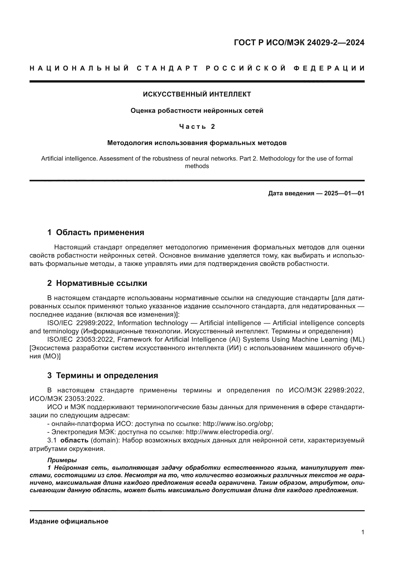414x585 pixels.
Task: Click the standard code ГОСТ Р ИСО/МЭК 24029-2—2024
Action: (299, 43)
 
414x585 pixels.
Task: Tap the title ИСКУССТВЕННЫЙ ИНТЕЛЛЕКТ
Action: (197, 94)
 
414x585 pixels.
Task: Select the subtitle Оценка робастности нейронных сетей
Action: (197, 111)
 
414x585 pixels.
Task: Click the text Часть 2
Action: (197, 127)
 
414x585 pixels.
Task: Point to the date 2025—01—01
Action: (344, 193)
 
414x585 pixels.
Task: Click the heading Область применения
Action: (100, 232)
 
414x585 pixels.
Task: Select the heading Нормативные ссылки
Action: (101, 283)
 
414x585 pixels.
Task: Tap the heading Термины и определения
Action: (107, 375)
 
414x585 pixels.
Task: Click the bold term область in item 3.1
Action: (74, 440)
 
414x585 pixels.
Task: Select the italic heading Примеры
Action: (62, 460)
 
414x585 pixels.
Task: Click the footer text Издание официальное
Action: (69, 521)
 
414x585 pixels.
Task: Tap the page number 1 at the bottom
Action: (362, 532)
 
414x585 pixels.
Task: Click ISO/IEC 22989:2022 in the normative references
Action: (80, 323)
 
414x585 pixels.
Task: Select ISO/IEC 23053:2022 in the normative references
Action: (80, 340)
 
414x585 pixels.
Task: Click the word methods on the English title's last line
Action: (197, 166)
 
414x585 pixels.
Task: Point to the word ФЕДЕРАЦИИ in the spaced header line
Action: (329, 68)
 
